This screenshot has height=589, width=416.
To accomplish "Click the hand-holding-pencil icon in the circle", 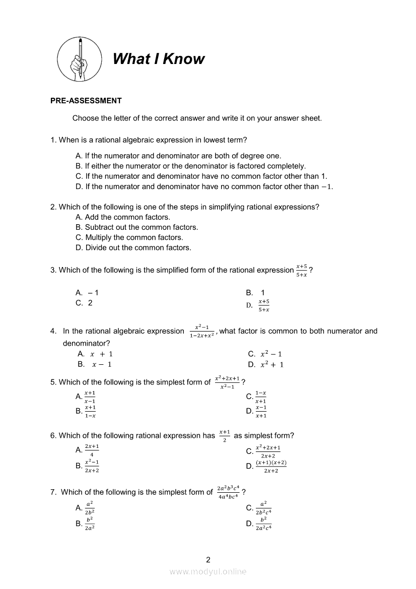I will coord(79,59).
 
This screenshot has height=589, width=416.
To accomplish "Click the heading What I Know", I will coord(159,59).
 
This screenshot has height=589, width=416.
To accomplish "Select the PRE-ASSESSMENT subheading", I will coord(86,101).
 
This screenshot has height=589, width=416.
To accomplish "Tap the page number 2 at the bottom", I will coord(208,559).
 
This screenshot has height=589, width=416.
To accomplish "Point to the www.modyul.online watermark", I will coord(208,571).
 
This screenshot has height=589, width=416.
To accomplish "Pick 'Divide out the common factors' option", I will coord(133,247).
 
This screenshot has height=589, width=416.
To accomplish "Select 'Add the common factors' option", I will coord(123,217).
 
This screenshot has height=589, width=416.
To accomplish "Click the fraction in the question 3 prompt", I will coord(302,270).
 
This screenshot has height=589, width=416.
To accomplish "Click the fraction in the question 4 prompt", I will coord(202,331).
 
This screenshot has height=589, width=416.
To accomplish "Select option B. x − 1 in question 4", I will coord(95,364).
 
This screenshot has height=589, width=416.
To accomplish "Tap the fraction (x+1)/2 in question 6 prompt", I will coord(225,436).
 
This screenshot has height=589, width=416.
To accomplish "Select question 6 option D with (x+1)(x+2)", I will coord(270,466).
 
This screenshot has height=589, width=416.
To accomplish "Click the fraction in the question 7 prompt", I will coord(228,492).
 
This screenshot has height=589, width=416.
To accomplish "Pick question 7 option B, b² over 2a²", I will coord(89,523).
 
